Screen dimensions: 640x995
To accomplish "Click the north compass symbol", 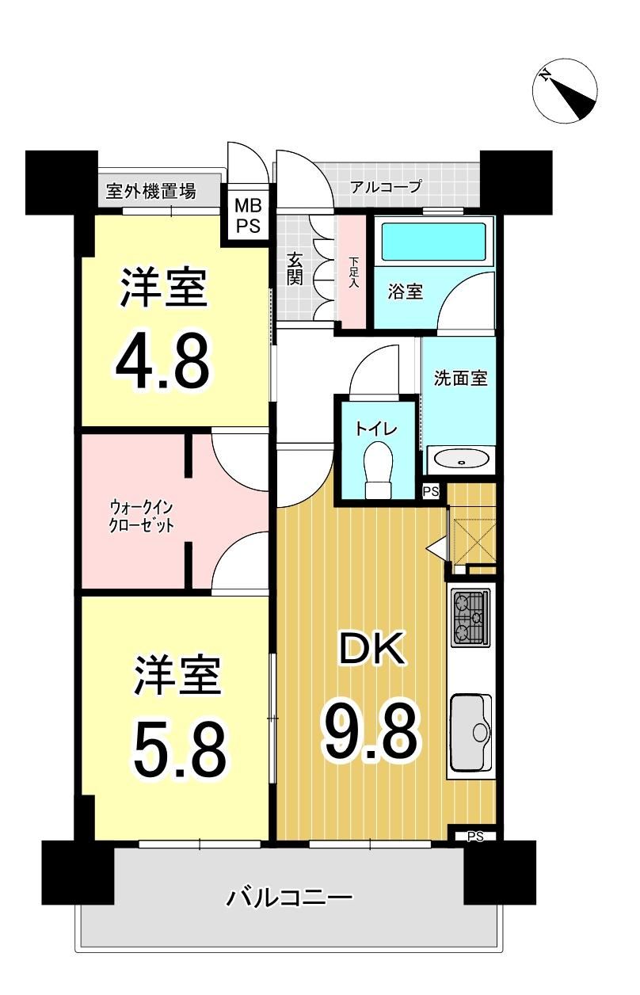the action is pyautogui.click(x=565, y=90).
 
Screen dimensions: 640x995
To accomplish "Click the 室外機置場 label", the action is pyautogui.click(x=151, y=192).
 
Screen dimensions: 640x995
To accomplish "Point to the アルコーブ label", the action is pyautogui.click(x=386, y=187).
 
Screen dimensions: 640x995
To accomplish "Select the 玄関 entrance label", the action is pyautogui.click(x=295, y=269).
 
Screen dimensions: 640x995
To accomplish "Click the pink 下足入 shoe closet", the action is pyautogui.click(x=352, y=272).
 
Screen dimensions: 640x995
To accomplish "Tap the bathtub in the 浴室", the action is pyautogui.click(x=434, y=242).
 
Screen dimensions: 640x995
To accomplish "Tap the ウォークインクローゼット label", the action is pyautogui.click(x=141, y=517).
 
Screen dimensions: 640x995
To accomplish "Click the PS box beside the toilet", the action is pyautogui.click(x=430, y=492).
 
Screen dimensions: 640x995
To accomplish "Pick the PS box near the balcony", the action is pyautogui.click(x=474, y=837).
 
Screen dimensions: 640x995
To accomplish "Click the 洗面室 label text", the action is pyautogui.click(x=460, y=378).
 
